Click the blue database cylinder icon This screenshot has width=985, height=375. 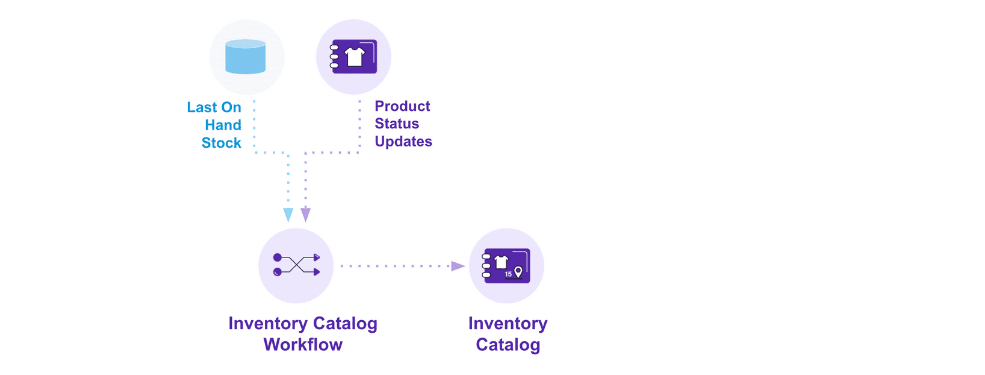[x=246, y=57]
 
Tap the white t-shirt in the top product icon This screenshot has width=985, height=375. [x=355, y=57]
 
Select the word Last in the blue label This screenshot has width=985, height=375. [x=202, y=107]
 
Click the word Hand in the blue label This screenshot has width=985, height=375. [x=223, y=125]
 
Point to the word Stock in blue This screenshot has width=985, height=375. [x=221, y=143]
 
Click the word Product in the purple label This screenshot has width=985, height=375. [x=402, y=106]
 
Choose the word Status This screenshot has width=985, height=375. [x=397, y=124]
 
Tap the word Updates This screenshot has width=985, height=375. [x=403, y=142]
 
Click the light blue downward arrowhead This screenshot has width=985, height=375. [x=288, y=215]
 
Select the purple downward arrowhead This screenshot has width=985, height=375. [x=306, y=215]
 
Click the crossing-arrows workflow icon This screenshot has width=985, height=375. [x=296, y=265]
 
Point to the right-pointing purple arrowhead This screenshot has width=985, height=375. [x=458, y=266]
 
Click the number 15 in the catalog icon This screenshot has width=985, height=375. [x=508, y=274]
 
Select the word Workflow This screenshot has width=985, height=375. [x=303, y=345]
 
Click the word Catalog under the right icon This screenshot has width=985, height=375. [x=508, y=345]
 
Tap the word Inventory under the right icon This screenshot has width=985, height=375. [x=508, y=324]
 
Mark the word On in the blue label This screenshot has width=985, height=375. [x=231, y=107]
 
